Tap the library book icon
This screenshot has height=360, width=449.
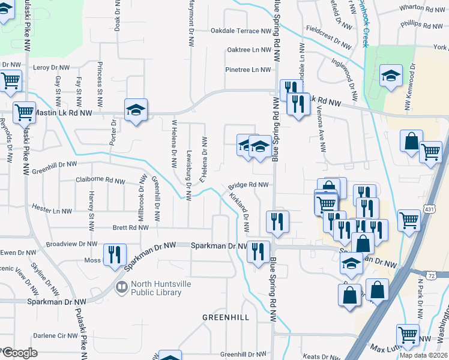tap(122, 288)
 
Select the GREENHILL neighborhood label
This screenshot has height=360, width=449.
tap(225, 317)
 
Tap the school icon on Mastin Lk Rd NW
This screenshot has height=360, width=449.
tap(136, 110)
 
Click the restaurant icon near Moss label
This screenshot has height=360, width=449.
tap(114, 254)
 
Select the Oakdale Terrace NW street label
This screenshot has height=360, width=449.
tap(241, 31)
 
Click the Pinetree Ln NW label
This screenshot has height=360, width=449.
tap(248, 70)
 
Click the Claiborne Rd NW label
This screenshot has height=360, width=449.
tap(100, 180)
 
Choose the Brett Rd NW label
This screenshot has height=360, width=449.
tap(130, 228)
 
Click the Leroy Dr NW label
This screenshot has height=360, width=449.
tap(53, 68)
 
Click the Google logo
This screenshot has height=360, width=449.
tap(19, 353)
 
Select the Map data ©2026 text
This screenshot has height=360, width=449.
tap(423, 355)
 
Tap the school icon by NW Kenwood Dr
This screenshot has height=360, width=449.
tap(391, 76)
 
